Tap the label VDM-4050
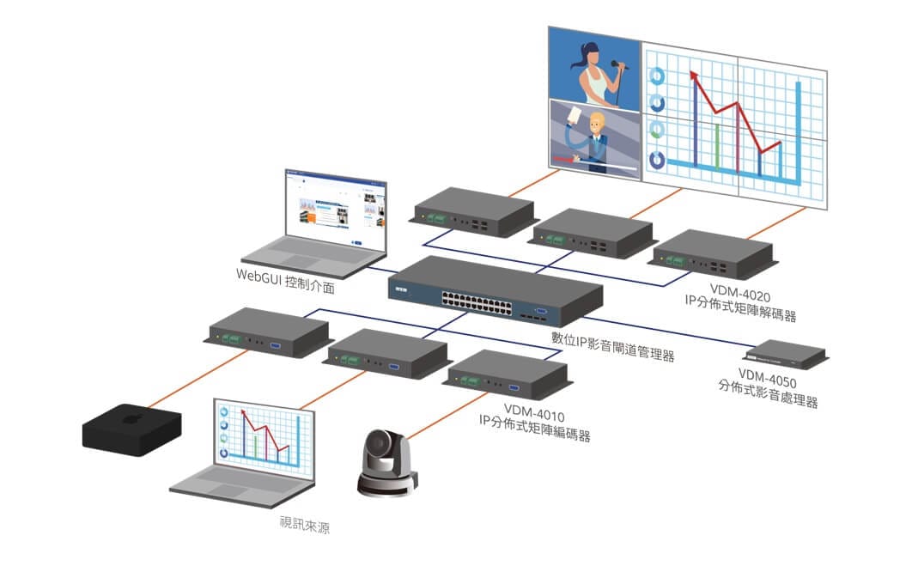click(768, 375)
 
